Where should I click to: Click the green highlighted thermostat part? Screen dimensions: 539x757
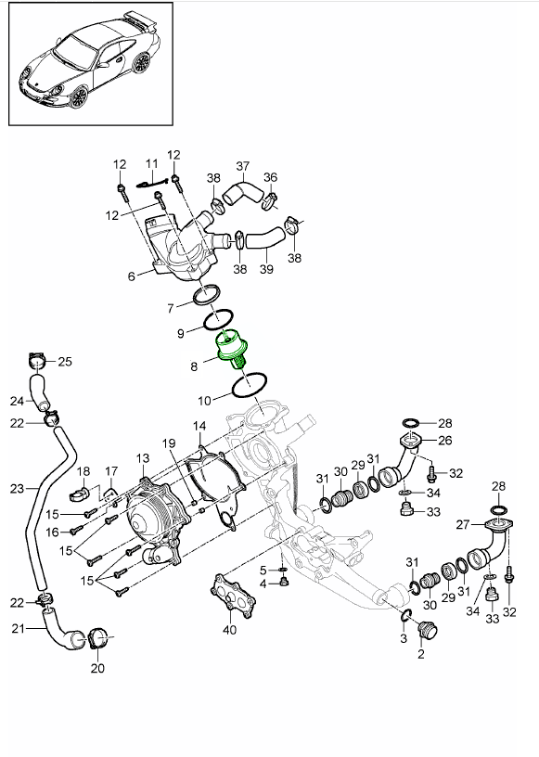coord(232,348)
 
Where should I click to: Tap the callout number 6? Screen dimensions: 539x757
coord(132,276)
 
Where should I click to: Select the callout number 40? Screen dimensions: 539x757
coord(230,630)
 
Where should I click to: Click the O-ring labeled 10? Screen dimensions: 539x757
coord(250,385)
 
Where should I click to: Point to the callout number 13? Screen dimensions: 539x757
coord(143,457)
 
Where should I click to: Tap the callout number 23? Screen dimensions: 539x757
coord(17,489)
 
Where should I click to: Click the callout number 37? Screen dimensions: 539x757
coord(242,167)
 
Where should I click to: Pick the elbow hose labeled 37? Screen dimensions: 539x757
coord(241,193)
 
